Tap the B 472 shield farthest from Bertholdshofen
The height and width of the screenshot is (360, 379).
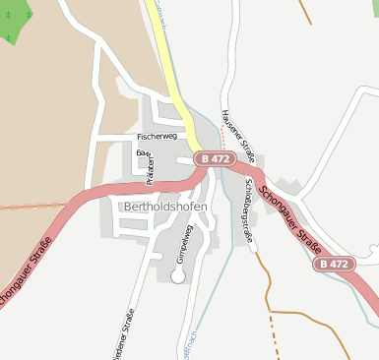pyautogui.click(x=334, y=265)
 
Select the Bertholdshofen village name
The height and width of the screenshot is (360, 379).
pyautogui.click(x=165, y=207)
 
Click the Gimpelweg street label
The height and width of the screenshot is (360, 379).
pyautogui.click(x=181, y=243)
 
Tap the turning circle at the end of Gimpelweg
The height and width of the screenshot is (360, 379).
pyautogui.click(x=178, y=277)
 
